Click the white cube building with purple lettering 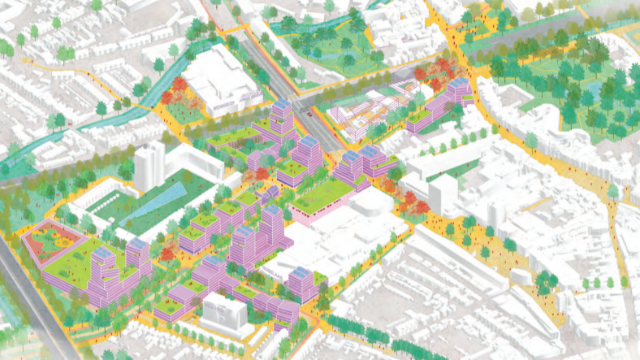click(222, 312)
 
